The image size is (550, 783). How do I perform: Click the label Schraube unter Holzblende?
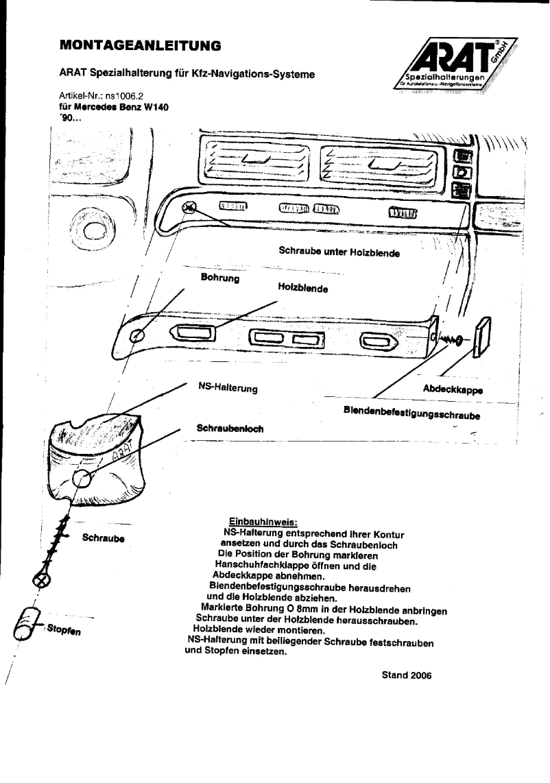pyautogui.click(x=339, y=251)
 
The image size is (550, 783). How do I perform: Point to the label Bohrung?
pyautogui.click(x=219, y=278)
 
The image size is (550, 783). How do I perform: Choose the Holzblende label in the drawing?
pyautogui.click(x=302, y=288)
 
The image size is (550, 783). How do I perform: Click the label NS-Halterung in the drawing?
pyautogui.click(x=227, y=388)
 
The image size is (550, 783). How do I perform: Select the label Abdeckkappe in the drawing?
pyautogui.click(x=453, y=389)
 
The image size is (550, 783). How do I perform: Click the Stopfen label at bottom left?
pyautogui.click(x=64, y=628)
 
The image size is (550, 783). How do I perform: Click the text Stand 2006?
pyautogui.click(x=406, y=674)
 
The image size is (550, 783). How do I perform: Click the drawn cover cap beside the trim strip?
pyautogui.click(x=480, y=336)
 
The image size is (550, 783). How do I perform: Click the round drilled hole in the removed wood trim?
pyautogui.click(x=137, y=335)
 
